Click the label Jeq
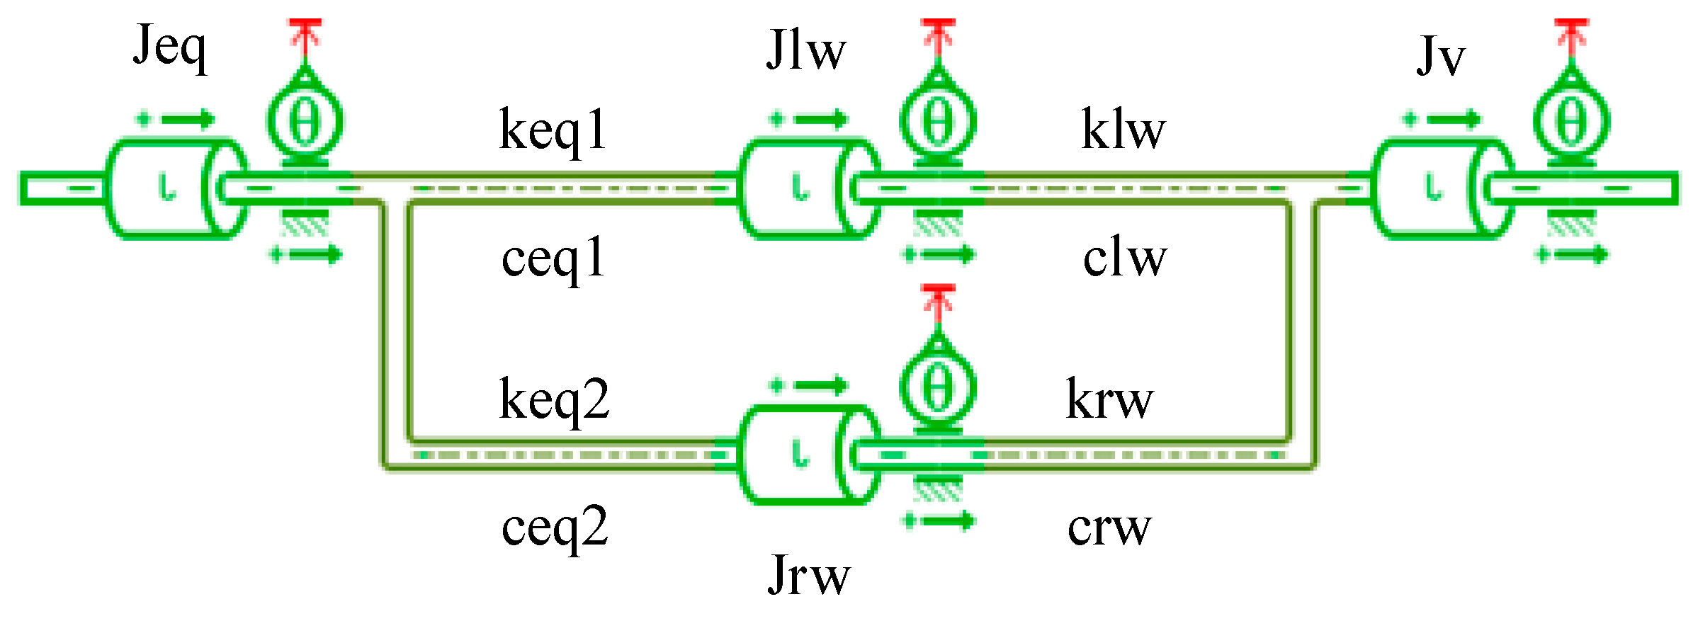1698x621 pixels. tap(170, 48)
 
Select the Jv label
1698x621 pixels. tap(1439, 57)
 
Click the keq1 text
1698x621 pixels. tap(553, 131)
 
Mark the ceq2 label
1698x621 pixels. tap(554, 528)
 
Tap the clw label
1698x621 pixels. tap(1124, 258)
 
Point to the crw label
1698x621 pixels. tap(1109, 528)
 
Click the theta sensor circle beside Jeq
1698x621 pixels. tap(305, 122)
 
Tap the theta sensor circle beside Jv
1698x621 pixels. tap(1571, 122)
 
